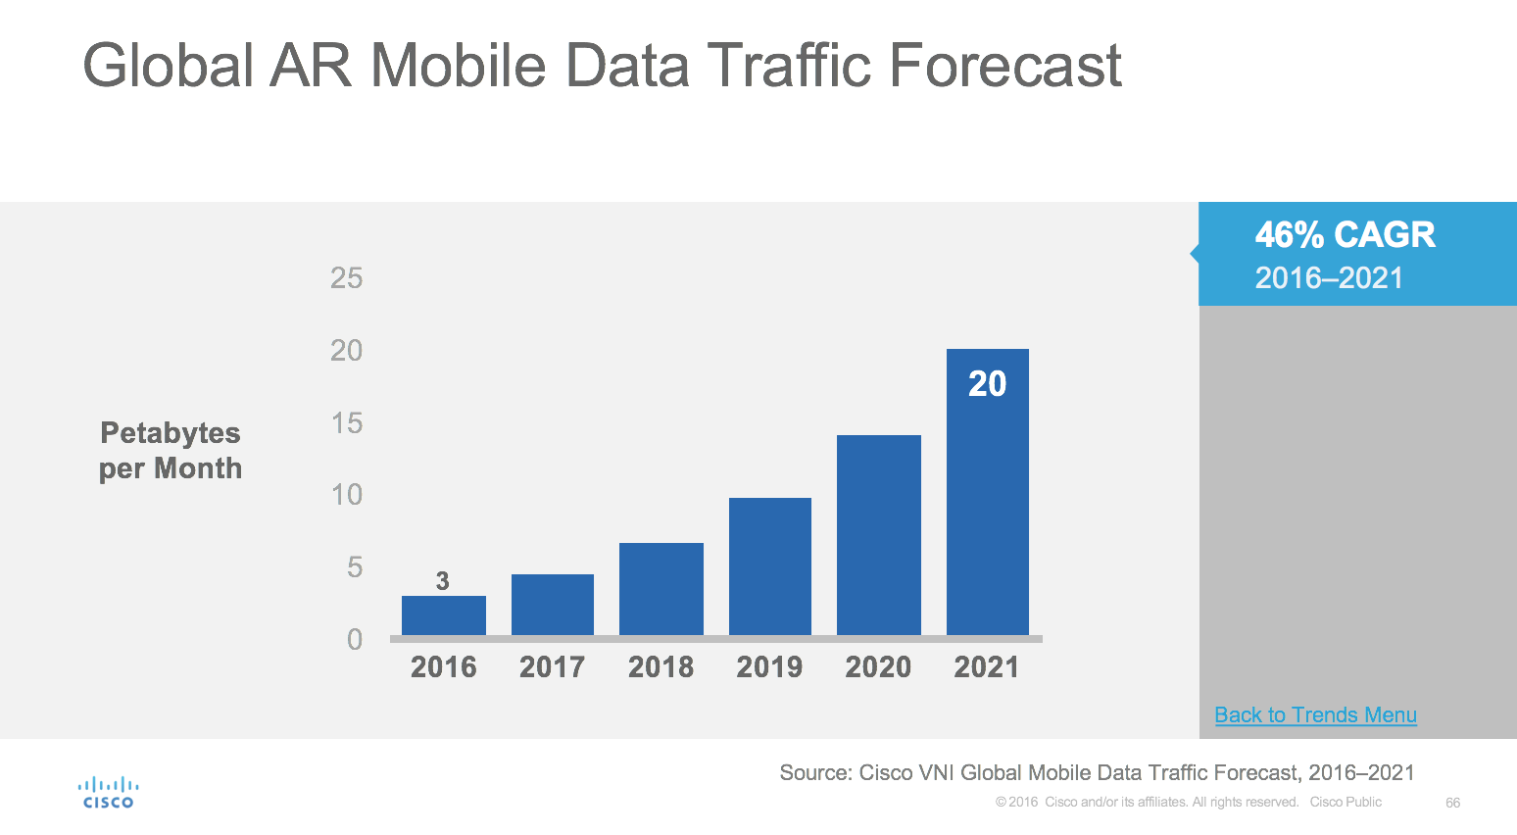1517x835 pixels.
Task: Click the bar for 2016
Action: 443,615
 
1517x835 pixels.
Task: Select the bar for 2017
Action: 553,605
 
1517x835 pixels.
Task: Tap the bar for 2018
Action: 661,589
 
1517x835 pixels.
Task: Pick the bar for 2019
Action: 770,566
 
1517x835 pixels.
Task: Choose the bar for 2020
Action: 879,535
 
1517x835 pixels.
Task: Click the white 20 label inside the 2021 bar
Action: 987,384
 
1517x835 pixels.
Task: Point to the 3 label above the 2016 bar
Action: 443,581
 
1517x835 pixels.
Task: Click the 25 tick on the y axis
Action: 347,278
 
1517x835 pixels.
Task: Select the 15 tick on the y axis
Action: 347,423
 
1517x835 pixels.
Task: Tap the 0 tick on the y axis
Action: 355,640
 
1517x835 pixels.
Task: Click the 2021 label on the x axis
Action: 987,667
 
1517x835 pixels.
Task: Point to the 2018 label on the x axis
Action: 661,667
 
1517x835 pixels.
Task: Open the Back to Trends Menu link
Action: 1315,715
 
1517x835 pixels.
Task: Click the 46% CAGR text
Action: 1345,235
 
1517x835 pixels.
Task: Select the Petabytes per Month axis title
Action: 171,451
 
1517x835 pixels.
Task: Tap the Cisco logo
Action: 108,793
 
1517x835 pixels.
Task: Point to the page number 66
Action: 1452,803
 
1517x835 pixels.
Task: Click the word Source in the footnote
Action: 813,773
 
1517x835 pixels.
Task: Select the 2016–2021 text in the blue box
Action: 1329,278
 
